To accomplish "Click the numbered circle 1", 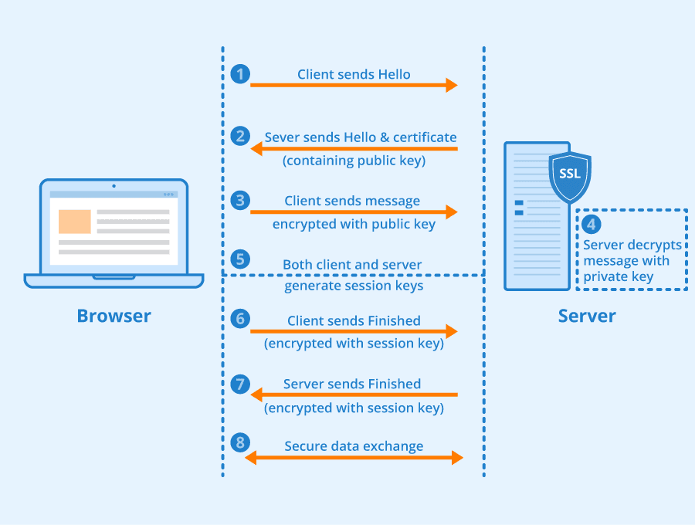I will coord(241,74).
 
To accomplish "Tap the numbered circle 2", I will coord(241,137).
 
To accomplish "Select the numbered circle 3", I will coord(241,200).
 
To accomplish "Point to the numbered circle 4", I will coord(592,225).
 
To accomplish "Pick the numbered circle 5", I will coord(241,259).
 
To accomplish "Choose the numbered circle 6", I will coord(241,318).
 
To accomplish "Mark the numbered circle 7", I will coord(241,383).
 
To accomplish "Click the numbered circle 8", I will coord(241,442).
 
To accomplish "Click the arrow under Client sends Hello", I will coord(354,85).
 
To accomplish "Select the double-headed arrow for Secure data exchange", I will coord(354,458).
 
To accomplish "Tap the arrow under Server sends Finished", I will coord(354,395).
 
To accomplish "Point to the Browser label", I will coord(114,316).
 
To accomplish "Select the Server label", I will coord(587,316).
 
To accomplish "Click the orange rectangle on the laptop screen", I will coord(75,222).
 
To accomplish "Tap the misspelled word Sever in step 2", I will coord(282,137).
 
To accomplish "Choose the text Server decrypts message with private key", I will coord(632,260).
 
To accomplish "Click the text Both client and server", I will coord(352,265).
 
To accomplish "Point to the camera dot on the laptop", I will coord(114,185).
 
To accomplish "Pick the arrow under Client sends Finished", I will coord(354,331).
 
